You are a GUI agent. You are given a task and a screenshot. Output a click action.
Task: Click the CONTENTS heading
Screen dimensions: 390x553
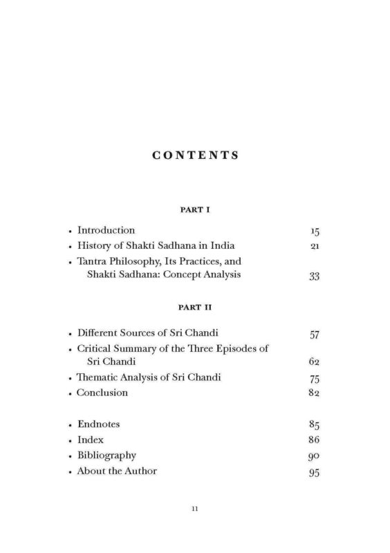(195, 156)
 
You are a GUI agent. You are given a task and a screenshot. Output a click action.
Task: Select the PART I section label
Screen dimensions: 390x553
(195, 208)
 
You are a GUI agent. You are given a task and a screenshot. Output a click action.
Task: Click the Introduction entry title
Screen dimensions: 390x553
(106, 230)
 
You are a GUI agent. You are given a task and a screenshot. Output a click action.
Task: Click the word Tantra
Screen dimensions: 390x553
(93, 262)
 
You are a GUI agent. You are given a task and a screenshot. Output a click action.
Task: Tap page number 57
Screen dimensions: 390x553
(315, 336)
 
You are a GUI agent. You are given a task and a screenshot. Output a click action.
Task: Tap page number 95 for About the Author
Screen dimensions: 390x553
(315, 473)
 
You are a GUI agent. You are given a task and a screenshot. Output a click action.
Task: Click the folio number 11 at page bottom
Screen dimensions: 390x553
(196, 510)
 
